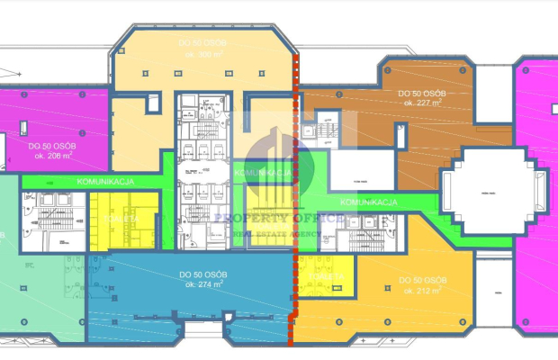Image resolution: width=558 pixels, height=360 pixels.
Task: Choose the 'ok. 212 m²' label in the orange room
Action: [x=421, y=291]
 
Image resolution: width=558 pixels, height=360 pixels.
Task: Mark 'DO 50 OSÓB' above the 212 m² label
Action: [x=421, y=279]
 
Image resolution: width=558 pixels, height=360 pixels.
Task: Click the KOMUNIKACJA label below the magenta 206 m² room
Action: [x=105, y=181]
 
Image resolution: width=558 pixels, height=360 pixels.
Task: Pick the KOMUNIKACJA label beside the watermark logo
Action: [x=262, y=171]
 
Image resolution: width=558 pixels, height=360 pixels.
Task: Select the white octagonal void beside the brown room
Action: [x=489, y=193]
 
